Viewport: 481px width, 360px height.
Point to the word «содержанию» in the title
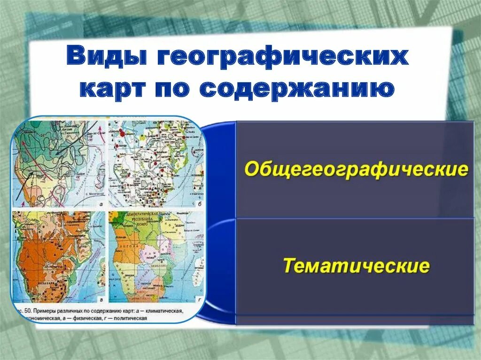point(296,88)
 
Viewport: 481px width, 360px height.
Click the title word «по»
point(178,88)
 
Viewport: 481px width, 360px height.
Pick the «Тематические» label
point(356,266)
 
